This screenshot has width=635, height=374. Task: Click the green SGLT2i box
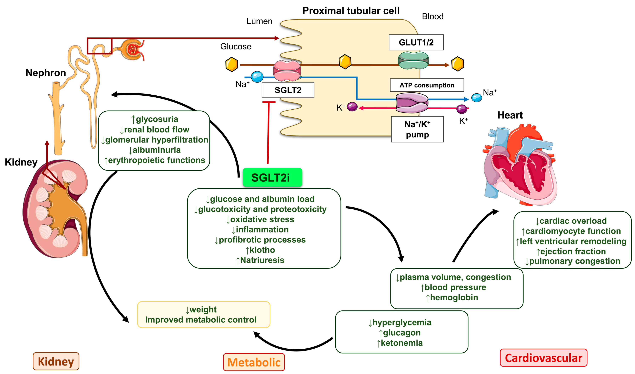pyautogui.click(x=272, y=178)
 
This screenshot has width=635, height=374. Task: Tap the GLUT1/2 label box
pyautogui.click(x=416, y=42)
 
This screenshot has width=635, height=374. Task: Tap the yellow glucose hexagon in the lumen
pyautogui.click(x=231, y=64)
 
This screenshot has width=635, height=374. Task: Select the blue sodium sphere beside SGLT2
pyautogui.click(x=257, y=77)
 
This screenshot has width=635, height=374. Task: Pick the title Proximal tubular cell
pyautogui.click(x=351, y=11)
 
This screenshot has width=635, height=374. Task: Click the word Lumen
pyautogui.click(x=259, y=21)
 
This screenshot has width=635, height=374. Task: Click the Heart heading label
pyautogui.click(x=510, y=115)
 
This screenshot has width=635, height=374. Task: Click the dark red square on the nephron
pyautogui.click(x=99, y=46)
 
